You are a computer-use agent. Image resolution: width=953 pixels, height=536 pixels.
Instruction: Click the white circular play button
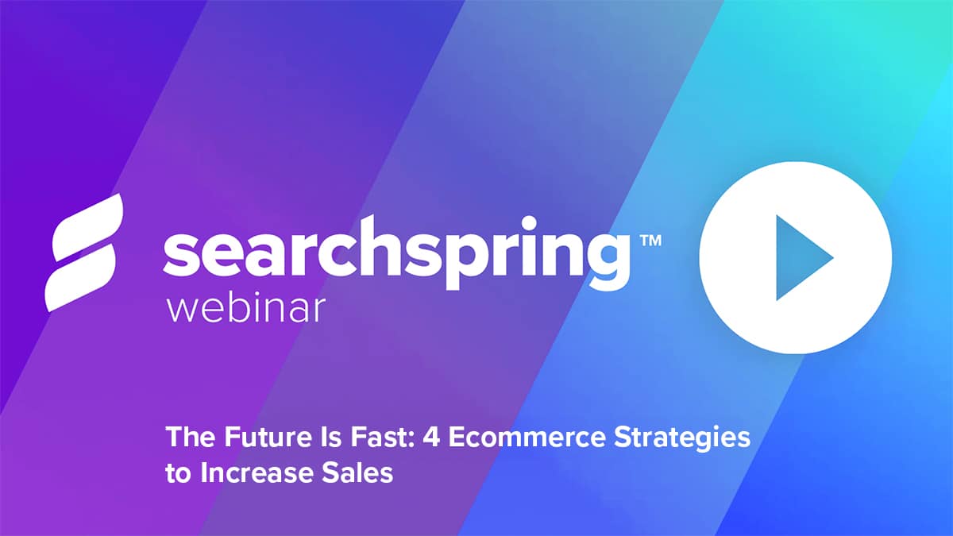795,258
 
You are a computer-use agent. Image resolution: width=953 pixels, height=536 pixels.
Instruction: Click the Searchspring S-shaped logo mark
84,253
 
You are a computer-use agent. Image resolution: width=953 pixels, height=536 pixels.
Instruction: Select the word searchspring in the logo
396,253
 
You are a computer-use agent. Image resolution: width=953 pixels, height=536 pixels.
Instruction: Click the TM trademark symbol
651,241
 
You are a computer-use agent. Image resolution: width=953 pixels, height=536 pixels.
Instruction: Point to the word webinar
246,309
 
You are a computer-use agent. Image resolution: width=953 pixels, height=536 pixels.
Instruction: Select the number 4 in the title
431,438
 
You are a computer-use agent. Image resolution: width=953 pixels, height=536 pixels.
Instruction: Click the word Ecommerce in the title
527,438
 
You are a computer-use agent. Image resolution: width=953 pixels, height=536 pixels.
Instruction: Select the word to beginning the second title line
179,474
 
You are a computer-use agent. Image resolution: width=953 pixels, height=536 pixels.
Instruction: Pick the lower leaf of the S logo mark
80,278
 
